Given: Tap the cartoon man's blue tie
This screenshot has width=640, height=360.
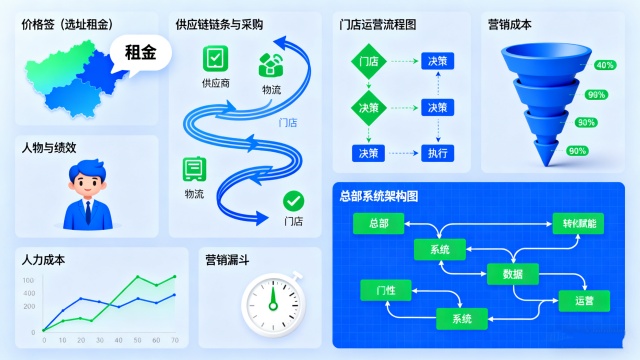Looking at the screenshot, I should click(x=87, y=213).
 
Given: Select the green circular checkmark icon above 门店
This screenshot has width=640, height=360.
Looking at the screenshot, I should click(x=292, y=200).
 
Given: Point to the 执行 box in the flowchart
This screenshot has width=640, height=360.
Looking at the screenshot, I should click(x=437, y=153).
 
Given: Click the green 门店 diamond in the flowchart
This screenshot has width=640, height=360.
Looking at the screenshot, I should click(x=368, y=61).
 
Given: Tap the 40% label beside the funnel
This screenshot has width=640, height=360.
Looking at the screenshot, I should click(x=605, y=65).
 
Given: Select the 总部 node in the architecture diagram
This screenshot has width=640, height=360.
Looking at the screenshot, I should click(x=379, y=223).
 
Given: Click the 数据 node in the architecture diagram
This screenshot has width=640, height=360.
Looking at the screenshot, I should click(x=512, y=273).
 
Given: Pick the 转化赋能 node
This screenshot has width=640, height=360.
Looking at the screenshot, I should click(x=577, y=224).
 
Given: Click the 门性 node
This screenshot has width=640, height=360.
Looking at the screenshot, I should click(x=384, y=290).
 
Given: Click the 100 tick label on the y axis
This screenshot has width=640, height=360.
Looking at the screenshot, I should click(x=31, y=275).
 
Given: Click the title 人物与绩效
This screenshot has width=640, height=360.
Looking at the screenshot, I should click(x=49, y=148).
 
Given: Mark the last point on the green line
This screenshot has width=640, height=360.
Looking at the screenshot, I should click(x=175, y=277).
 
